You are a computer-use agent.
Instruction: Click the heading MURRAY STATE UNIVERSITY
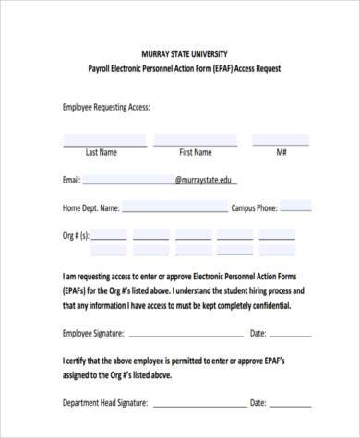(180, 53)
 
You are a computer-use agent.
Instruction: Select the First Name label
(196, 151)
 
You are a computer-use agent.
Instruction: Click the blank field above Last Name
(101, 139)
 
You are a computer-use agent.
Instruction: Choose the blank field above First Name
(196, 139)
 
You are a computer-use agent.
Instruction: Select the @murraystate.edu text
(203, 180)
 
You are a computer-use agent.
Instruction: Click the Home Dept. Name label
(91, 207)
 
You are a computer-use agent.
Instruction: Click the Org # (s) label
(77, 235)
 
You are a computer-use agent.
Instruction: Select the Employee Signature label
(93, 333)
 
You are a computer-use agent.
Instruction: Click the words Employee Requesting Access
(105, 107)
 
